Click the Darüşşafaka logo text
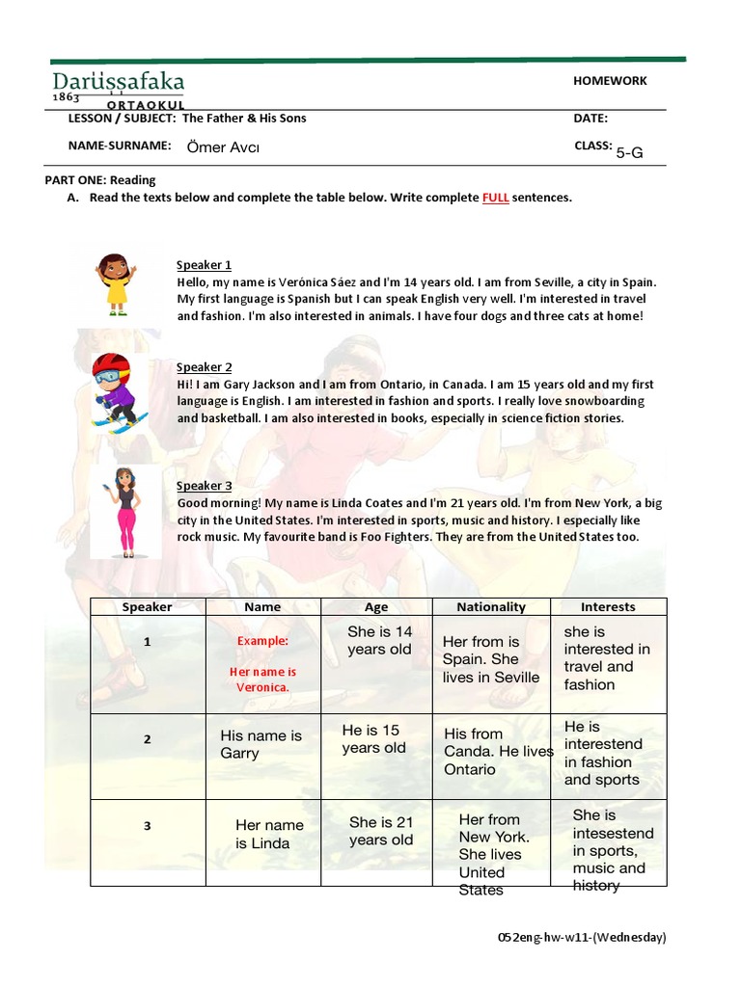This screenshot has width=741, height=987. (x=118, y=82)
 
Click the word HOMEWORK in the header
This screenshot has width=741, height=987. (x=610, y=81)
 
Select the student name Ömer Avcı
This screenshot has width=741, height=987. (x=222, y=147)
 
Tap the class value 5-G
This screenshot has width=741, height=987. (x=629, y=151)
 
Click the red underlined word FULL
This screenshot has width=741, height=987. (x=495, y=198)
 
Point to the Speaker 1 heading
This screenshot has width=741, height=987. (x=204, y=265)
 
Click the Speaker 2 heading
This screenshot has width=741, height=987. (x=204, y=367)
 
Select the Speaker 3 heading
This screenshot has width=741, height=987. (x=204, y=486)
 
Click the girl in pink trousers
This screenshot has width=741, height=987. (x=124, y=512)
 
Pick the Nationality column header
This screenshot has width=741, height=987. (x=491, y=607)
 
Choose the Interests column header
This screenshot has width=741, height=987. (x=608, y=607)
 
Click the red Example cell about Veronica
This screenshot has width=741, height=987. (x=262, y=664)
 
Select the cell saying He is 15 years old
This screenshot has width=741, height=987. (x=374, y=739)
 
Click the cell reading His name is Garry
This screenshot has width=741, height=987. (x=261, y=744)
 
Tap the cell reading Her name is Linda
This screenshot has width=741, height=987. (x=269, y=834)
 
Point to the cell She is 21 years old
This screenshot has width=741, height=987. (x=381, y=831)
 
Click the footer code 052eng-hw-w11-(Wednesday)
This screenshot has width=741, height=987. (x=581, y=936)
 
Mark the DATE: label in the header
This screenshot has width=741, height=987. (x=590, y=119)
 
